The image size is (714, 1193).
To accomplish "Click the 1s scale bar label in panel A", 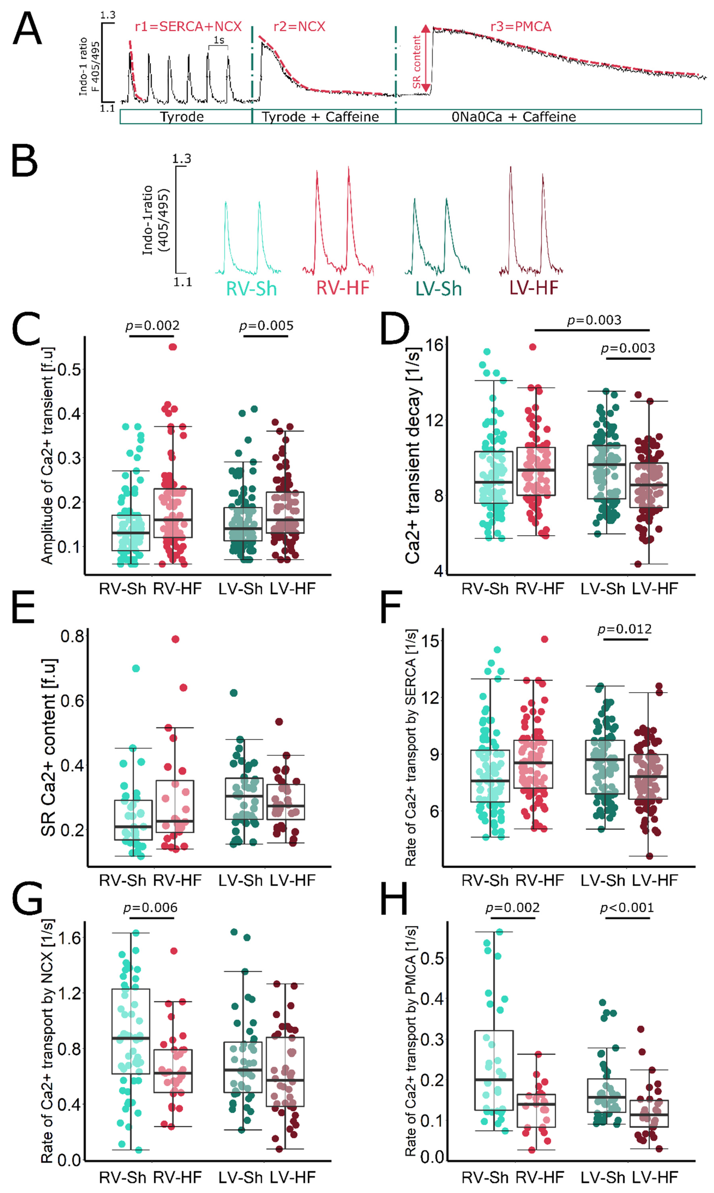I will tap(219, 40).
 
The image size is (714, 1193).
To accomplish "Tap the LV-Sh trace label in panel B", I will tap(438, 289).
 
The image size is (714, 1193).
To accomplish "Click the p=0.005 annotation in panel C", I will tap(266, 326).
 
